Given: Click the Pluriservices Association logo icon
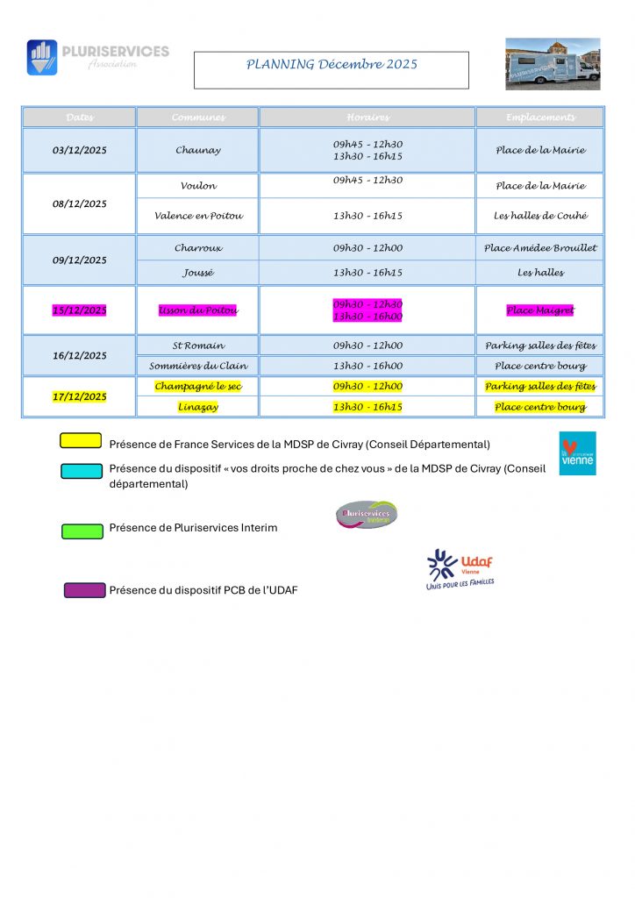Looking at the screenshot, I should pyautogui.click(x=42, y=57).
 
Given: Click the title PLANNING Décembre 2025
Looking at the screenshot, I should pyautogui.click(x=332, y=64).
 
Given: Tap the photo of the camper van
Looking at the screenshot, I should pyautogui.click(x=553, y=64).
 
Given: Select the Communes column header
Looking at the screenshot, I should pyautogui.click(x=197, y=118).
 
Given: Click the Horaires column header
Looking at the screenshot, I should pyautogui.click(x=367, y=118).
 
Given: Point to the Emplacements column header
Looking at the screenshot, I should pyautogui.click(x=540, y=118).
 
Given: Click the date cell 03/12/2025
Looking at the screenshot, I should pyautogui.click(x=80, y=151).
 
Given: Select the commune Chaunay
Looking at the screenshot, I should pyautogui.click(x=197, y=151).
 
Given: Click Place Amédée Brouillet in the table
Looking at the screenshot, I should pyautogui.click(x=540, y=248).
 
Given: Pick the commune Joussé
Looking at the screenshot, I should pyautogui.click(x=197, y=273).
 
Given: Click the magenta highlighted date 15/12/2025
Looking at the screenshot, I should pyautogui.click(x=80, y=310).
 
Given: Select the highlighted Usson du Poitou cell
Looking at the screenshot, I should pyautogui.click(x=197, y=310).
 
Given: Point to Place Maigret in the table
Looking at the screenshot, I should pyautogui.click(x=540, y=310).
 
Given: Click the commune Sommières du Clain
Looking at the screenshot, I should pyautogui.click(x=198, y=367).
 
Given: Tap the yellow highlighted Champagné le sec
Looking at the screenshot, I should pyautogui.click(x=197, y=387).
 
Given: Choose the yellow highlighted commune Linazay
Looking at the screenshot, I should pyautogui.click(x=197, y=407).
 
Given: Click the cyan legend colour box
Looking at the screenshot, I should pyautogui.click(x=82, y=471).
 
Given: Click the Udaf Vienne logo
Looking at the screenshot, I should pyautogui.click(x=460, y=569).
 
